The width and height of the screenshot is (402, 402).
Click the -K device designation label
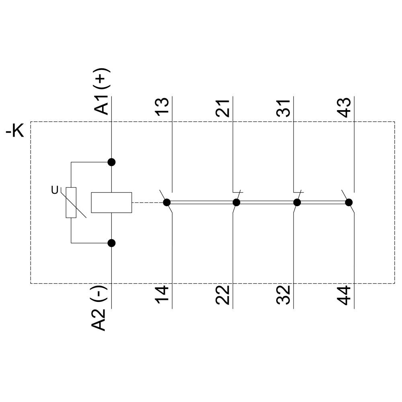pyautogui.click(x=15, y=131)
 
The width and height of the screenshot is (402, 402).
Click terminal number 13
pyautogui.click(x=162, y=106)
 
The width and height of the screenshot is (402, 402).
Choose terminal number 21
pyautogui.click(x=223, y=107)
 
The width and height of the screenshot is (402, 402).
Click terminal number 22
pyautogui.click(x=223, y=295)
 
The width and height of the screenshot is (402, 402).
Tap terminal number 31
pyautogui.click(x=284, y=107)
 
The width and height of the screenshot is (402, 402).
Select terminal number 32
pyautogui.click(x=284, y=295)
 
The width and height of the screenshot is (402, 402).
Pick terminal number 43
pyautogui.click(x=345, y=106)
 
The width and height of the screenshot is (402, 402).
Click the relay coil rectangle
pyautogui.click(x=111, y=202)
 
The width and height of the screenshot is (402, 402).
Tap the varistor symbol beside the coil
pyautogui.click(x=72, y=203)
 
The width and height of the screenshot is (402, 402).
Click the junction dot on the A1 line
pyautogui.click(x=112, y=162)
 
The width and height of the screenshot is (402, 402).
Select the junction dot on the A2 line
pyautogui.click(x=112, y=243)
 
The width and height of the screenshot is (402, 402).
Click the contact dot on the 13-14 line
pyautogui.click(x=167, y=202)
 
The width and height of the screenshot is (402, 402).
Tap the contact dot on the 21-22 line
pyautogui.click(x=236, y=202)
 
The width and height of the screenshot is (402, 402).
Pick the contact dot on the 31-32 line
pyautogui.click(x=297, y=202)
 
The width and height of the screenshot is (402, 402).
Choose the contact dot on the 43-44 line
pyautogui.click(x=349, y=202)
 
